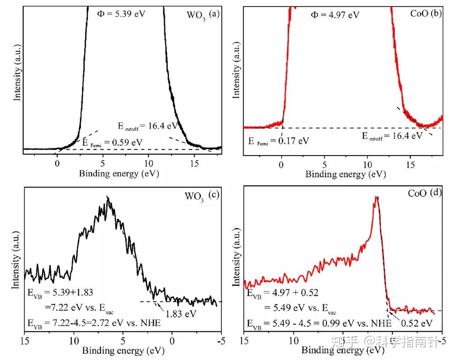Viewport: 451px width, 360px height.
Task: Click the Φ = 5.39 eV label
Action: (121, 14)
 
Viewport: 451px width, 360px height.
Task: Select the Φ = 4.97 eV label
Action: (335, 15)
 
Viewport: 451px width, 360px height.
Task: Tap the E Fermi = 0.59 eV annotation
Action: (112, 142)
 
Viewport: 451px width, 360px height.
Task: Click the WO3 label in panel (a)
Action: (195, 15)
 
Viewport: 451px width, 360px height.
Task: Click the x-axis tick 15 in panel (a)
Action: (194, 163)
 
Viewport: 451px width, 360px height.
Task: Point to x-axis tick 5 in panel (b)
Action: (324, 163)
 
